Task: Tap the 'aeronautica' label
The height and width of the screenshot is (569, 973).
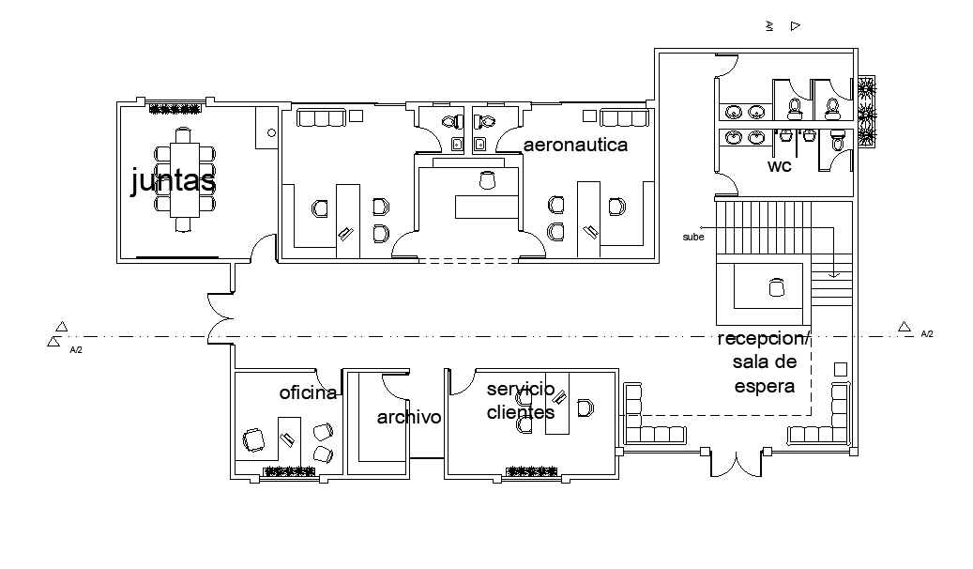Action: coord(575,146)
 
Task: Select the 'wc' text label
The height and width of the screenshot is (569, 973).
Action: coord(779,166)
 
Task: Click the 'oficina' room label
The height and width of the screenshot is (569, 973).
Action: coord(308,392)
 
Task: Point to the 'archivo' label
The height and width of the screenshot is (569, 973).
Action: coord(408,417)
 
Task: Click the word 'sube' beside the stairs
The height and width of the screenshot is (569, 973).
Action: coord(692,238)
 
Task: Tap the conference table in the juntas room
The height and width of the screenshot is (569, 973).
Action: coord(184,179)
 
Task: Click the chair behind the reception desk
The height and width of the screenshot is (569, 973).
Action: coord(775,288)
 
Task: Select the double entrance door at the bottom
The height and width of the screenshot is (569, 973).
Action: coord(737,463)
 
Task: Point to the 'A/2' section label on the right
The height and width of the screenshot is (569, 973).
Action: coord(926,334)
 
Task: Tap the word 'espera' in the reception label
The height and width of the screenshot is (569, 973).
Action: coord(765,386)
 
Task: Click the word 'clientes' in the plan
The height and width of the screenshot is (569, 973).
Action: coord(520,411)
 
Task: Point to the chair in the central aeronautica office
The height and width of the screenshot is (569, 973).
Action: coord(487,179)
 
